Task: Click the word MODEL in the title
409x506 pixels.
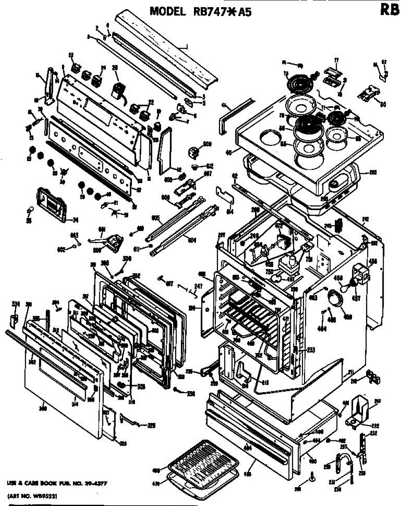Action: (167, 11)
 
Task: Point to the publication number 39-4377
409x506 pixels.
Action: (91, 482)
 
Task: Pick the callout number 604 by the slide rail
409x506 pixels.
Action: (192, 240)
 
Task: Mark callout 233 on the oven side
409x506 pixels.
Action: (311, 349)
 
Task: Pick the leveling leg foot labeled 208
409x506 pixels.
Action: (311, 477)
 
